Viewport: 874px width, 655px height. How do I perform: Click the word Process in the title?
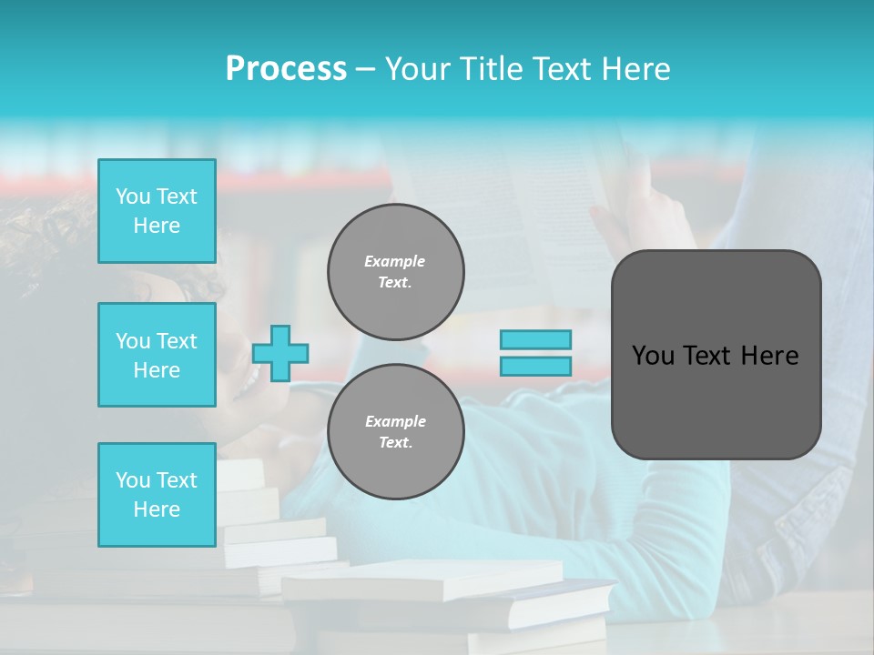point(286,69)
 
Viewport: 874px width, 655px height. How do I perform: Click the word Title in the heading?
point(490,69)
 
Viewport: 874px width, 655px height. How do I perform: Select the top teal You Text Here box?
point(157,211)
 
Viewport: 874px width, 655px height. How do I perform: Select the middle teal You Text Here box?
point(157,355)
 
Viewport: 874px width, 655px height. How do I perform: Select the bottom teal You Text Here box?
point(157,494)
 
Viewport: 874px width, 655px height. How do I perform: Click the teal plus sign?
point(280,353)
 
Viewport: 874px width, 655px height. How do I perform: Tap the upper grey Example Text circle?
point(395,271)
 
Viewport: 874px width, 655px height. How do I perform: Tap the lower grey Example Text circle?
point(395,431)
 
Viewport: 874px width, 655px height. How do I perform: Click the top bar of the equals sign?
point(536,340)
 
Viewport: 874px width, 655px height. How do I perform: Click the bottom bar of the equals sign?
point(536,366)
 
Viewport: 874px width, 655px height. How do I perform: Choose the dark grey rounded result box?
point(716,400)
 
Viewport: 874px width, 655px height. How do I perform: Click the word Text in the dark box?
point(708,356)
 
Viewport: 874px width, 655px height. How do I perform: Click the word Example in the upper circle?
point(394,261)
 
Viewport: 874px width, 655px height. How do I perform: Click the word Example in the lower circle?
point(395,421)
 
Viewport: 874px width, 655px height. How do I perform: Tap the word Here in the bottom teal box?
point(157,509)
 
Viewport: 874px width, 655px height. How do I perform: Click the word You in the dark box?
point(653,356)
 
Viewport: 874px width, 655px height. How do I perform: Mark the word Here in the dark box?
point(769,356)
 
